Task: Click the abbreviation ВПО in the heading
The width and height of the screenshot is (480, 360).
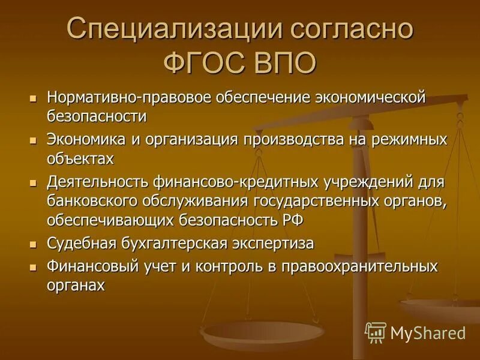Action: pos(281,63)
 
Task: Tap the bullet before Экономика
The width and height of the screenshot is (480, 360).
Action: pos(34,141)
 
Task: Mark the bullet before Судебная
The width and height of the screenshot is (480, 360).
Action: pos(34,244)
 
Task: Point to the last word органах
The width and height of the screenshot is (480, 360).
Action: pos(76,285)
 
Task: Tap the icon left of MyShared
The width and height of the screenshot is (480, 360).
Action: pos(376,332)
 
